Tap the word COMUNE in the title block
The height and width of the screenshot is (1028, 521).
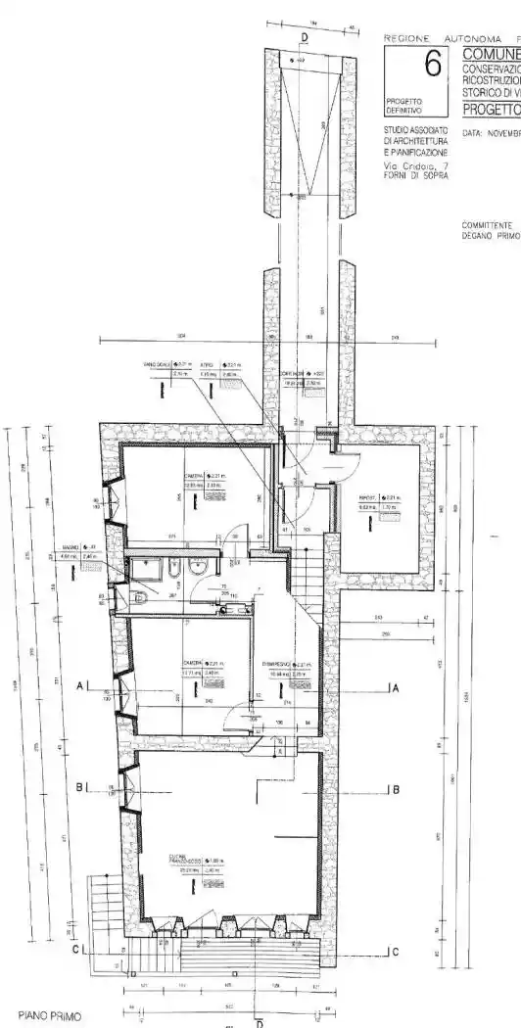(x=490, y=54)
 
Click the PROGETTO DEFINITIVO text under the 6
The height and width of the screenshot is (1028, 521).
(x=403, y=106)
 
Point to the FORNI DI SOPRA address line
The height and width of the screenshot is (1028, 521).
(x=416, y=176)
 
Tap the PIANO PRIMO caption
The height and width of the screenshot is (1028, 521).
(x=46, y=1016)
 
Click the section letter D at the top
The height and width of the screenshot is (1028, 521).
(x=305, y=37)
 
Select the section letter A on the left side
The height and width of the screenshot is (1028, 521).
(x=79, y=687)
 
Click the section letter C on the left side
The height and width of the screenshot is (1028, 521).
(x=75, y=950)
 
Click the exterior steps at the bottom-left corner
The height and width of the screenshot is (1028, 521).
(x=104, y=906)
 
